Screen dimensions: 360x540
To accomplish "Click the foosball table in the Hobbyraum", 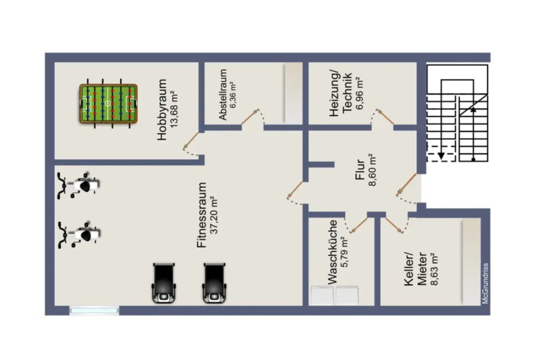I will [x=108, y=103].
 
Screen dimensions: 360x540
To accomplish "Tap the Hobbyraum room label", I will [x=163, y=109].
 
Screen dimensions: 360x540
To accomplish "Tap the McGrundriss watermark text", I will [x=485, y=284].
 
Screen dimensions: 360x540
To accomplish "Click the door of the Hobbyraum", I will [x=191, y=139].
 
